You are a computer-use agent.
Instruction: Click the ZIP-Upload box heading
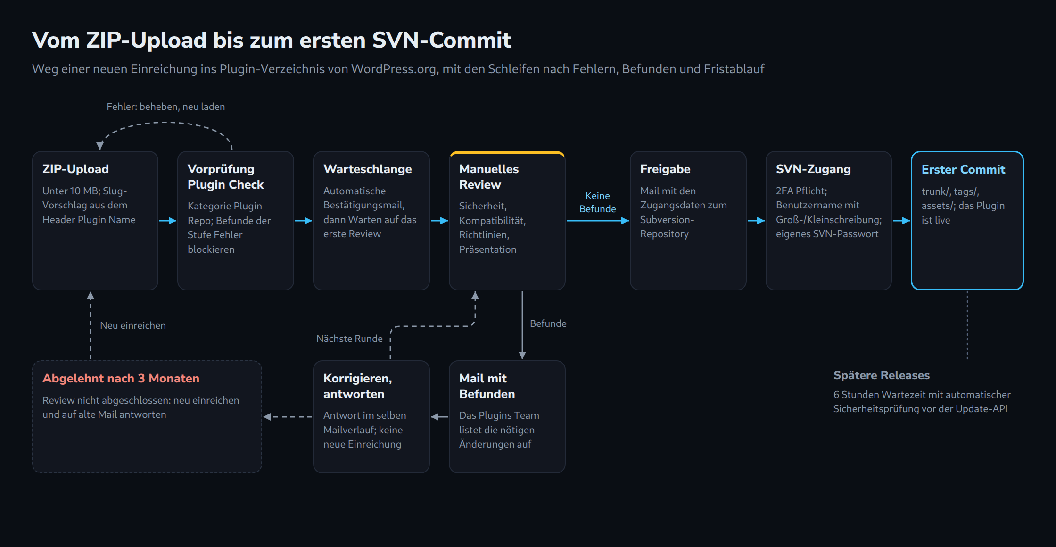tap(75, 169)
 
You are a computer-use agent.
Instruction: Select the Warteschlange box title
tap(368, 169)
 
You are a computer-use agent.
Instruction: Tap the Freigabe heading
tap(665, 169)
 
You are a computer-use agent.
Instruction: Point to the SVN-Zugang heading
tap(813, 169)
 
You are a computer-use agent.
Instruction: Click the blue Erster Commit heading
tap(963, 169)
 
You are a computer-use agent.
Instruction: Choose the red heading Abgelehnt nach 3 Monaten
tap(121, 378)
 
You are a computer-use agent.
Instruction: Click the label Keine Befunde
tap(597, 202)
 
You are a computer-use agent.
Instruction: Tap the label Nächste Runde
tap(349, 339)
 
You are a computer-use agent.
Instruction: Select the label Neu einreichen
tap(133, 325)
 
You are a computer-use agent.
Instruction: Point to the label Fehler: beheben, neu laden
tap(165, 107)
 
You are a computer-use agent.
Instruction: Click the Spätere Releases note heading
tap(882, 375)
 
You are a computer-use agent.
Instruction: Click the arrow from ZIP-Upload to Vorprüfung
tap(167, 221)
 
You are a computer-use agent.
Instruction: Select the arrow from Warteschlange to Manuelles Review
tap(439, 221)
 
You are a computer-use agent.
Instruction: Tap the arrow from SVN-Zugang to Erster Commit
tap(901, 221)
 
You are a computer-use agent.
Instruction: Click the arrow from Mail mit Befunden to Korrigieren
tap(439, 417)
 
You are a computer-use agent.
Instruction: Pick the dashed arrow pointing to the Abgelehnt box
tap(288, 417)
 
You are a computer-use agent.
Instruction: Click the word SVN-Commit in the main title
tap(442, 40)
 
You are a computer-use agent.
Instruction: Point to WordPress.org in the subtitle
tap(394, 69)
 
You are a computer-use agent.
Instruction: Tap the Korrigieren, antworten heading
tap(358, 386)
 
